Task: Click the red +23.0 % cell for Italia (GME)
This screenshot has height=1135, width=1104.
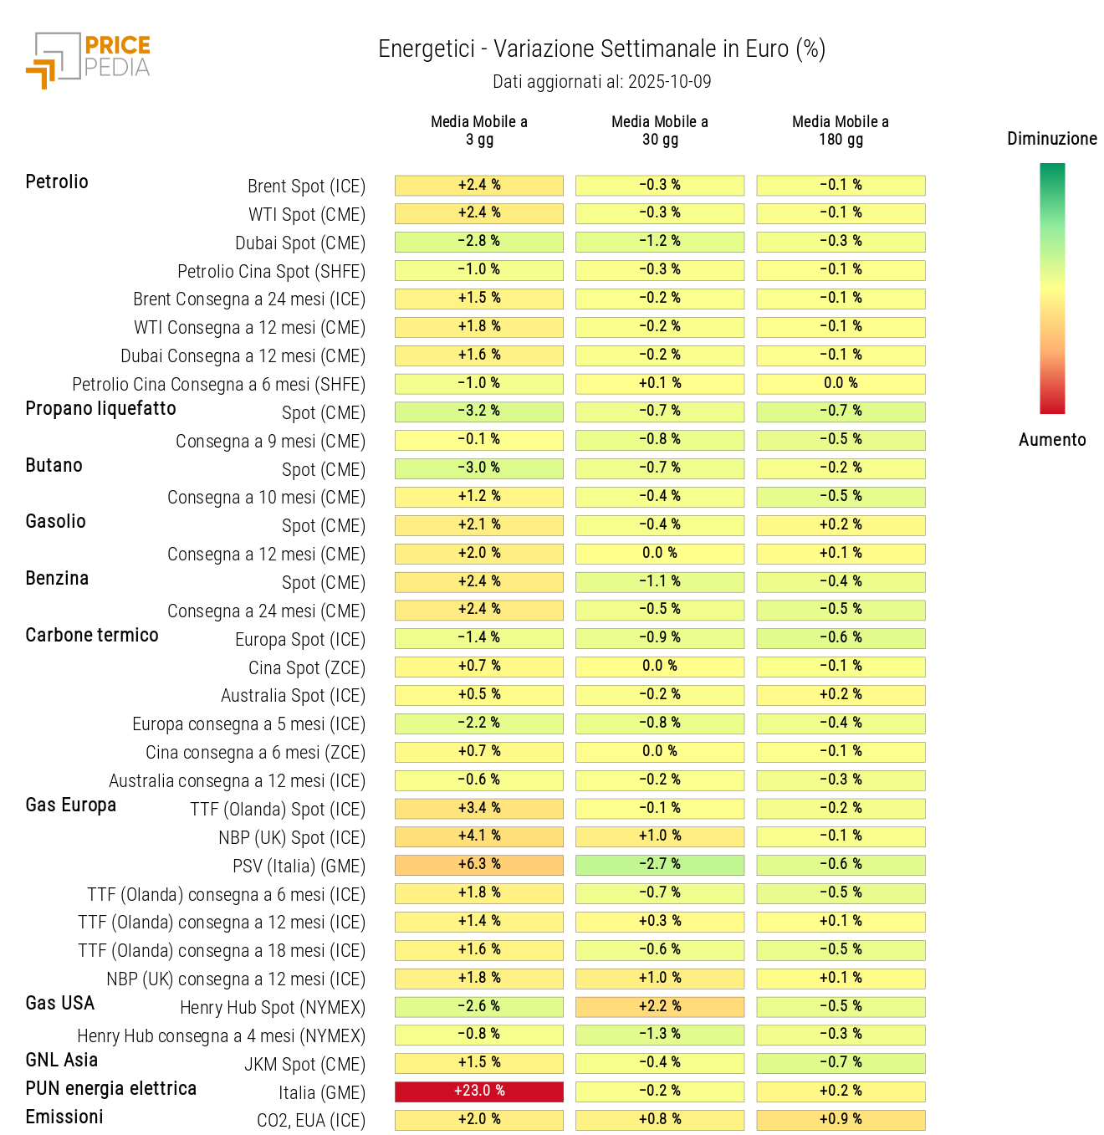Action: (x=479, y=1092)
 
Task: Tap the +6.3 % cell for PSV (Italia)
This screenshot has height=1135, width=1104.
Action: (x=479, y=865)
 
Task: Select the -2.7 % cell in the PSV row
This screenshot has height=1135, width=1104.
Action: (x=660, y=865)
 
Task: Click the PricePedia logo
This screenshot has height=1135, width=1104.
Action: (x=89, y=59)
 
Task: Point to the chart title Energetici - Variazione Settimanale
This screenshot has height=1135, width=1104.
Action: (x=601, y=49)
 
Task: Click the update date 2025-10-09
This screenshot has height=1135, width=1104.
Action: (x=669, y=82)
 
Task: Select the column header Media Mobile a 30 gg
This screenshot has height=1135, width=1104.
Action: (x=660, y=130)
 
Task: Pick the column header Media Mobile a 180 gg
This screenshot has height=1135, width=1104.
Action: (x=841, y=130)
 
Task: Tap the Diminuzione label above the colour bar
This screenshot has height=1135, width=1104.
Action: (x=1051, y=139)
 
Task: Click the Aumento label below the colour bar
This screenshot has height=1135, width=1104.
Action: (x=1051, y=440)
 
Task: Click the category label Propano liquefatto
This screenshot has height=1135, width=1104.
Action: (x=101, y=409)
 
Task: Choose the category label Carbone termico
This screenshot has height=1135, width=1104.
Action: (x=92, y=636)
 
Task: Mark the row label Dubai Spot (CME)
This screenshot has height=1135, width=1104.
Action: (x=300, y=243)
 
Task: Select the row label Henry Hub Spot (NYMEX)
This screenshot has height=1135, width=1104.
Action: (x=273, y=1008)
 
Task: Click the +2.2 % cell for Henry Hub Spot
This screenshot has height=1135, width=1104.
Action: (x=660, y=1007)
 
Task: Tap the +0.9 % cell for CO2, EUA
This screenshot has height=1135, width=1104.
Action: (x=841, y=1120)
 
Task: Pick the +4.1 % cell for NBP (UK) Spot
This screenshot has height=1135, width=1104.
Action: (x=479, y=836)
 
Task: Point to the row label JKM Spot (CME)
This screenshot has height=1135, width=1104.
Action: (x=304, y=1065)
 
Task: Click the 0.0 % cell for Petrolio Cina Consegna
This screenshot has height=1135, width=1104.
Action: (x=841, y=384)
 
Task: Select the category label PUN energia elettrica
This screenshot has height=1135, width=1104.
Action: (x=111, y=1089)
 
